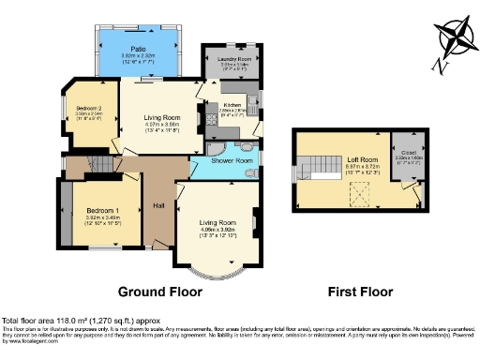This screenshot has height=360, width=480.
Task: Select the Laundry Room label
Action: coord(236,60)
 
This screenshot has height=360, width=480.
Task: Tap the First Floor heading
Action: coord(359,292)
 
